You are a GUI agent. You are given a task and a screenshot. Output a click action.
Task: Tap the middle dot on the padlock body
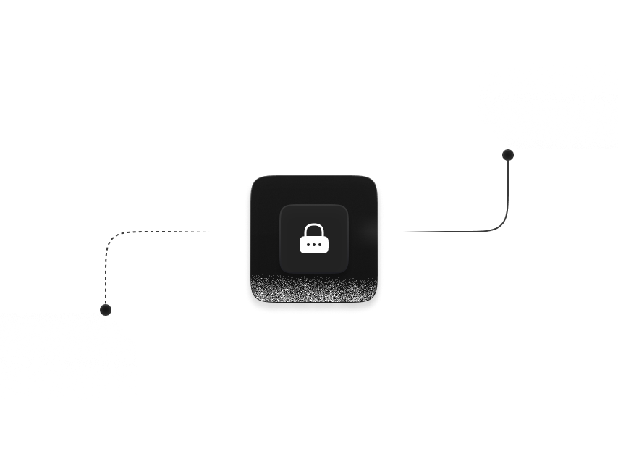[x=314, y=245]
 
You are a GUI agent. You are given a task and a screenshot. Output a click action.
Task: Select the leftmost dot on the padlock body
[x=308, y=245]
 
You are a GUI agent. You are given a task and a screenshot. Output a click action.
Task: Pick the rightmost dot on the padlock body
[x=320, y=245]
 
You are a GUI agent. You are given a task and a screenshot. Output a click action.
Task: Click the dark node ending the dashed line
[x=106, y=310]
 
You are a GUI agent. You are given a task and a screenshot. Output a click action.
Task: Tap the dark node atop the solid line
[x=508, y=154]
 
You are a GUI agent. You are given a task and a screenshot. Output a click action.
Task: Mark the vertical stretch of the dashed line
[x=106, y=275]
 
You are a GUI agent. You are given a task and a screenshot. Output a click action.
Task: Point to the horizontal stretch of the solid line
[x=441, y=232]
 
